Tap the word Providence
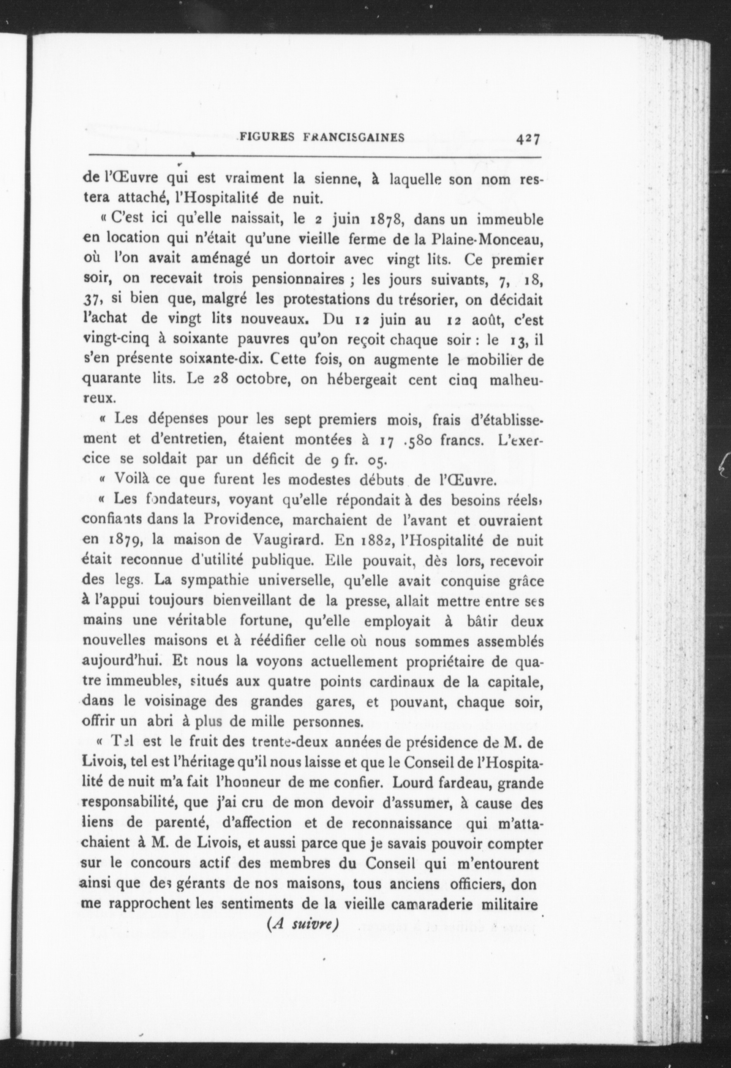point(244,520)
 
